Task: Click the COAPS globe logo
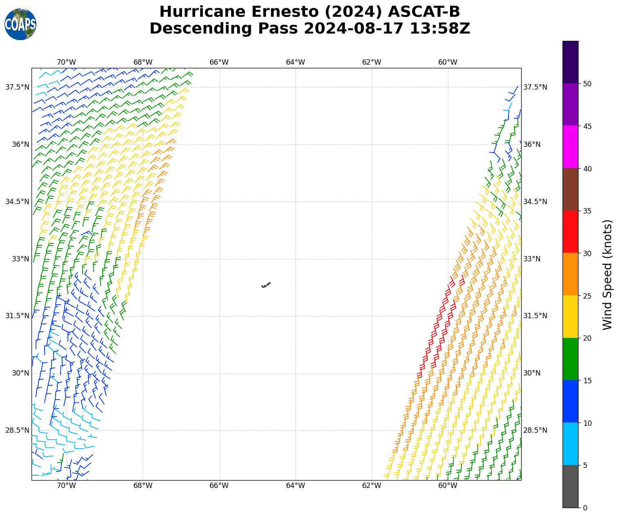tap(20, 25)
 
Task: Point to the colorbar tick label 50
tap(587, 84)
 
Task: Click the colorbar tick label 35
tap(587, 211)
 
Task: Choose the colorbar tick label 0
tap(585, 508)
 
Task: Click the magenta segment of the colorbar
tap(570, 147)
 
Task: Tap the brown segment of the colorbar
tap(570, 189)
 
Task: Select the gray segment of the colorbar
tap(570, 486)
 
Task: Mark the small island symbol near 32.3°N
tap(266, 285)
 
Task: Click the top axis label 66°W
tap(219, 62)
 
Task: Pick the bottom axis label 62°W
tap(371, 486)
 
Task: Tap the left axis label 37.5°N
tap(17, 87)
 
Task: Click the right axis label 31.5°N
tap(535, 316)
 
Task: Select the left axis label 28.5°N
tap(17, 430)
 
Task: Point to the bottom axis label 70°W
tap(66, 486)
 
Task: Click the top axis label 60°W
tap(448, 62)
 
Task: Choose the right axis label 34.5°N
tap(535, 202)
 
